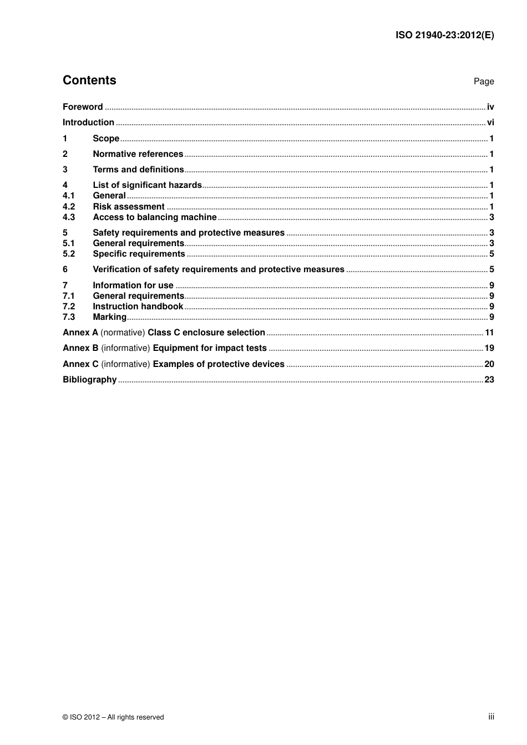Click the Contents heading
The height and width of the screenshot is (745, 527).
click(89, 80)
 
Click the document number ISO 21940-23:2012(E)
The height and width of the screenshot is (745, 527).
click(444, 35)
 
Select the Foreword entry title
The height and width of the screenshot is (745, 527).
click(83, 107)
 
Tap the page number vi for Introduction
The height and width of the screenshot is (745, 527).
click(490, 123)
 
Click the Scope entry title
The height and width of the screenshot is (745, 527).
click(106, 139)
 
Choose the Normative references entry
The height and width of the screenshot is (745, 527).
click(138, 154)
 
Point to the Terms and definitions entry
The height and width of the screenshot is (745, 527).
click(138, 170)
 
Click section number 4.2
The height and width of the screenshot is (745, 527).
click(69, 207)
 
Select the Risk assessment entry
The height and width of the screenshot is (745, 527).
click(129, 207)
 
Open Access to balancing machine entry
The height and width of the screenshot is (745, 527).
click(154, 217)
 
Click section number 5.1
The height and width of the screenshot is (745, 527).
click(69, 243)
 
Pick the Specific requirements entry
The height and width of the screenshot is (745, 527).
click(139, 254)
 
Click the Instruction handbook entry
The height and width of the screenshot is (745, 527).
click(138, 307)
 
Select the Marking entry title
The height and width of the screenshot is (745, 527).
click(109, 317)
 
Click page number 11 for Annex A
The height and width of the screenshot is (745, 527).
click(489, 333)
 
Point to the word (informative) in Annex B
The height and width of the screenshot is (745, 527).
click(126, 348)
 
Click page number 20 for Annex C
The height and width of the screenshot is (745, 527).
click(489, 364)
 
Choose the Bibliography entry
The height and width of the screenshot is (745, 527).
click(89, 380)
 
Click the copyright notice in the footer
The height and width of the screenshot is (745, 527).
click(113, 717)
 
